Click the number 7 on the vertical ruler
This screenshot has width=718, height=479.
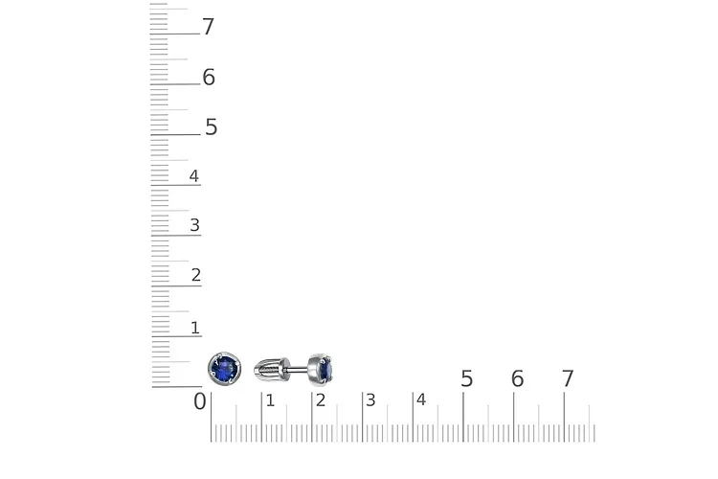[x=209, y=27]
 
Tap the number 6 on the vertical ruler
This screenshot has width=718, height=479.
[x=209, y=77]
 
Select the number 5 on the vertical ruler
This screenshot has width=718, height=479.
[x=212, y=127]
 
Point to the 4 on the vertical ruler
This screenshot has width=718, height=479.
[x=194, y=176]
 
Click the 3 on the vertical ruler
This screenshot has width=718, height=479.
[x=195, y=225]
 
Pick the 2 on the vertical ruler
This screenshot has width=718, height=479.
[x=196, y=275]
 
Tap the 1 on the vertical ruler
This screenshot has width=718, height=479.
[x=195, y=328]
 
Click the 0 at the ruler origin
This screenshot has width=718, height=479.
[x=200, y=401]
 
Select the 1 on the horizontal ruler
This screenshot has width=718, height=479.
[x=270, y=400]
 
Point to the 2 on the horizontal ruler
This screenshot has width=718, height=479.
[x=321, y=400]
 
